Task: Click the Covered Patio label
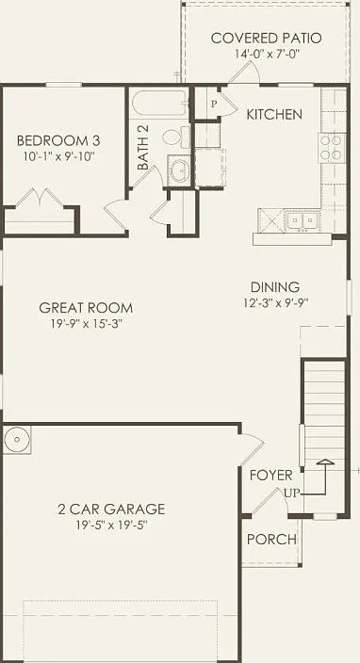[266, 39]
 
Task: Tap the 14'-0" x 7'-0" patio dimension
[266, 55]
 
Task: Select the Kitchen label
[274, 114]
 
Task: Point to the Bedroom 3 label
[58, 140]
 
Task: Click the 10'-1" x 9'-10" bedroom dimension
[58, 156]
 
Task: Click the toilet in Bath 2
[172, 137]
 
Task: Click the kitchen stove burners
[332, 146]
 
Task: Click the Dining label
[275, 287]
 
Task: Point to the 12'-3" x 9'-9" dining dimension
[275, 303]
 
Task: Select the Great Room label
[86, 307]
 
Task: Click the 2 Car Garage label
[110, 509]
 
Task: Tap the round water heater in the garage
[17, 438]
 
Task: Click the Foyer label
[270, 475]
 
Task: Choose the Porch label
[271, 540]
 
